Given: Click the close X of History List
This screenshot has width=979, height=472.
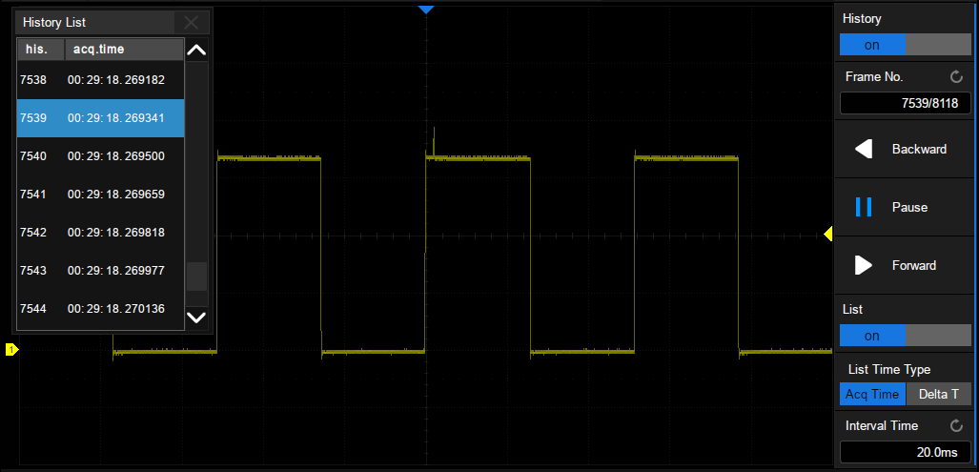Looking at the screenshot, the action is pyautogui.click(x=191, y=23).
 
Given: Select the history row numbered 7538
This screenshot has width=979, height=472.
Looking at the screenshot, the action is pyautogui.click(x=100, y=80).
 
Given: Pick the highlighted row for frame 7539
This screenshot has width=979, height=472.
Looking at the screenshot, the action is pyautogui.click(x=100, y=118).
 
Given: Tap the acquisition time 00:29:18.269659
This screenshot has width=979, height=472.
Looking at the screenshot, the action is pyautogui.click(x=116, y=195).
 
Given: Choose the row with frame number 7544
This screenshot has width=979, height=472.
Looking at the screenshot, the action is pyautogui.click(x=100, y=308).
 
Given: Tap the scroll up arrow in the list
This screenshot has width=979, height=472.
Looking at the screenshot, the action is pyautogui.click(x=196, y=50).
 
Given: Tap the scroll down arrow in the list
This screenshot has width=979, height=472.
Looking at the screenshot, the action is pyautogui.click(x=196, y=318).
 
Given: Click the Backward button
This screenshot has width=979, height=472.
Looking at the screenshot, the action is pyautogui.click(x=903, y=149).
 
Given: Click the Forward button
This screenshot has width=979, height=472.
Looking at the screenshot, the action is pyautogui.click(x=903, y=265).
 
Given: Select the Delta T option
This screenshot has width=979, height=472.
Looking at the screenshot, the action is pyautogui.click(x=938, y=395).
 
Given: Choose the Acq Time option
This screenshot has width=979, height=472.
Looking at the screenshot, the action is pyautogui.click(x=872, y=395).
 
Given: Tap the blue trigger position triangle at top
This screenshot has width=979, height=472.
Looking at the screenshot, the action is pyautogui.click(x=426, y=10).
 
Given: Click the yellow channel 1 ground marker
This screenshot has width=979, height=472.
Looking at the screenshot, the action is pyautogui.click(x=11, y=350).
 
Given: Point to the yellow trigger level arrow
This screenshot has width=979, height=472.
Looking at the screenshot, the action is pyautogui.click(x=827, y=235).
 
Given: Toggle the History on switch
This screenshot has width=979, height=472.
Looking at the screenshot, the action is pyautogui.click(x=906, y=45).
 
